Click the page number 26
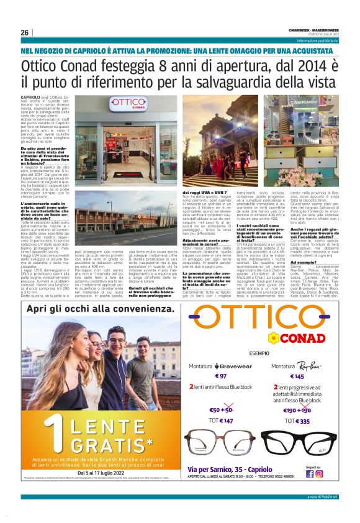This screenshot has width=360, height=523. (25, 33)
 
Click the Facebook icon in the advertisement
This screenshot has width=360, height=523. (310, 474)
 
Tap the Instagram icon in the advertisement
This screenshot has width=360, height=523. (319, 474)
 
